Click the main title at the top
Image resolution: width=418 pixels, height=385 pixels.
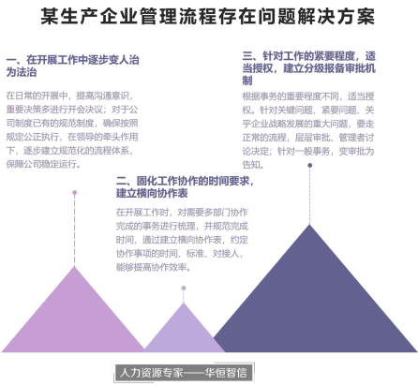pyautogui.click(x=208, y=16)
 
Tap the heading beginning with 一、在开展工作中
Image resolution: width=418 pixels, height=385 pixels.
pyautogui.click(x=72, y=66)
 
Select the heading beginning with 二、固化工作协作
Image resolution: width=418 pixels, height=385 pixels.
pyautogui.click(x=185, y=186)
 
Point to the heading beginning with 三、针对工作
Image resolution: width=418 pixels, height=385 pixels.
pyautogui.click(x=309, y=68)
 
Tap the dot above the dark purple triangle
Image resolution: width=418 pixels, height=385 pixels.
pyautogui.click(x=309, y=165)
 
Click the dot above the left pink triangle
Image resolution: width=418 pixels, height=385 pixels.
pyautogui.click(x=74, y=193)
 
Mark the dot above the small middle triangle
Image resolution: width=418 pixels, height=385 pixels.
pyautogui.click(x=184, y=288)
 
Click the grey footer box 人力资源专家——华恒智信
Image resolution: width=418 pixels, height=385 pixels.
pyautogui.click(x=184, y=373)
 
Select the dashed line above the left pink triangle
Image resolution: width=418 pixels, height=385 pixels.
pyautogui.click(x=74, y=230)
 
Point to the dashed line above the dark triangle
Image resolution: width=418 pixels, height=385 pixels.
pyautogui.click(x=309, y=196)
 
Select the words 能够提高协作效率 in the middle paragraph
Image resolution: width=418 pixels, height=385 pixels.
pyautogui.click(x=151, y=267)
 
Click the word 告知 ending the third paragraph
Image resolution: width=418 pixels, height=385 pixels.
pyautogui.click(x=251, y=164)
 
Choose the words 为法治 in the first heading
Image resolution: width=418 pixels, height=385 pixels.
pyautogui.click(x=22, y=72)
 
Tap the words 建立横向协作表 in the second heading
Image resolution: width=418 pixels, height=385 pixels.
pyautogui.click(x=152, y=193)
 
